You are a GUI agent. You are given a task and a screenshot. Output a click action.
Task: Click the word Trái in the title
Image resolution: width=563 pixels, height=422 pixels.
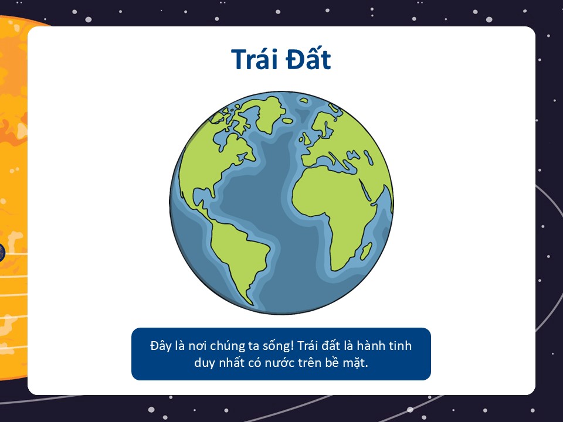[255, 59]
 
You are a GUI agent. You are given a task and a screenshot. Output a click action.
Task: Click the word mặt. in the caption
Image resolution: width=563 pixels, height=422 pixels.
[355, 363]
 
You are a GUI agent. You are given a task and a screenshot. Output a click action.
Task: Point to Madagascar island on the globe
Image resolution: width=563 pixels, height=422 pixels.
[366, 251]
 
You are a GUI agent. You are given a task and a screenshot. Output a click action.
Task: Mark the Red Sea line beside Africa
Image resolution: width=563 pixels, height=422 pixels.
[365, 189]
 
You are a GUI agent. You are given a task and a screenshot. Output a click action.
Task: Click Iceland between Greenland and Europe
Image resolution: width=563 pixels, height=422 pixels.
[287, 121]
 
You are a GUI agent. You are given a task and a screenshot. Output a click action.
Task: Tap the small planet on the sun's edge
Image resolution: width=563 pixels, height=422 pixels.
[2, 252]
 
